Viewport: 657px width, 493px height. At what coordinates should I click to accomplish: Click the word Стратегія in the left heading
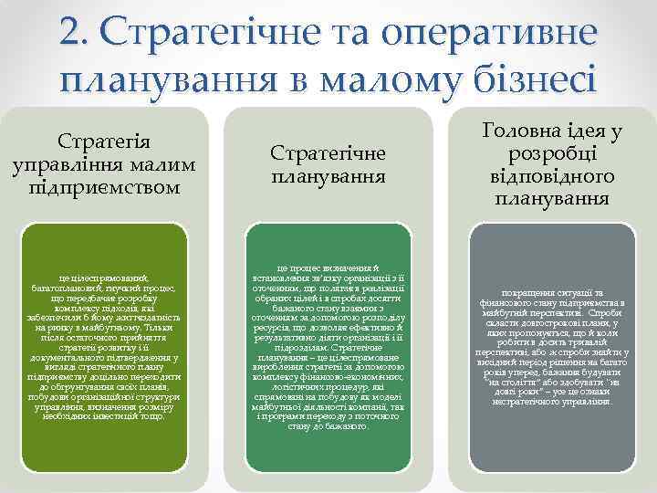[x=104, y=143]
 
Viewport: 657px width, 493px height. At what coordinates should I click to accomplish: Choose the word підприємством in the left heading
[x=104, y=187]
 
